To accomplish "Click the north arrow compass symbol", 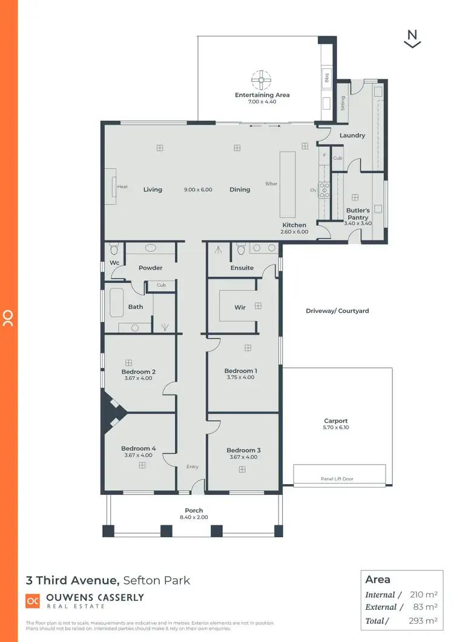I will click(x=412, y=38).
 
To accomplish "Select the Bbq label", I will click(x=326, y=77).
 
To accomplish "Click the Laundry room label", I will click(x=352, y=136).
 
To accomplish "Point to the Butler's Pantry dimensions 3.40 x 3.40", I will click(x=357, y=223).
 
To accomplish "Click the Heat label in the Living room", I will click(x=122, y=186).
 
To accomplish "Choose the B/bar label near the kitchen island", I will click(x=271, y=183).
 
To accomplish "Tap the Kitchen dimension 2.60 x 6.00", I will click(x=294, y=231).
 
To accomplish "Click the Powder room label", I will click(x=150, y=267).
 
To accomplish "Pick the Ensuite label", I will click(x=242, y=267).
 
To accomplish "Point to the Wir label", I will click(x=240, y=307).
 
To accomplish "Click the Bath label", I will click(x=136, y=307).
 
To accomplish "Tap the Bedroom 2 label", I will click(x=139, y=372).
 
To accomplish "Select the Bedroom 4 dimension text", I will click(x=139, y=455).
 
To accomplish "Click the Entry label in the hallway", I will click(x=192, y=467).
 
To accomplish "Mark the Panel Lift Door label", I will click(x=337, y=479).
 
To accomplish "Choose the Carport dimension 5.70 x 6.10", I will click(x=337, y=427).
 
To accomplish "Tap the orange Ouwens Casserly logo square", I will click(x=33, y=601).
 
